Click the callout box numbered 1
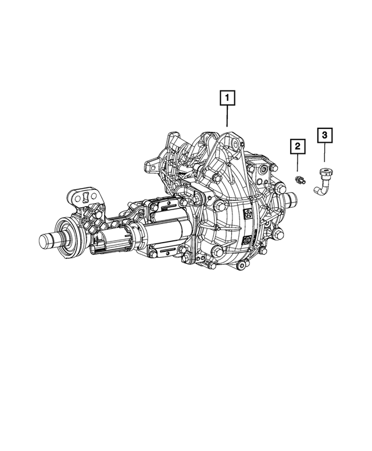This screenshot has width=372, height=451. click(x=227, y=98)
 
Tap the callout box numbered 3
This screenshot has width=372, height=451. click(x=324, y=135)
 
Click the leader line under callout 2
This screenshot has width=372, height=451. click(x=297, y=164)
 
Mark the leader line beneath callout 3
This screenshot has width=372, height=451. click(x=324, y=153)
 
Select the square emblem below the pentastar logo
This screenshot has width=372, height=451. click(x=248, y=239)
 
